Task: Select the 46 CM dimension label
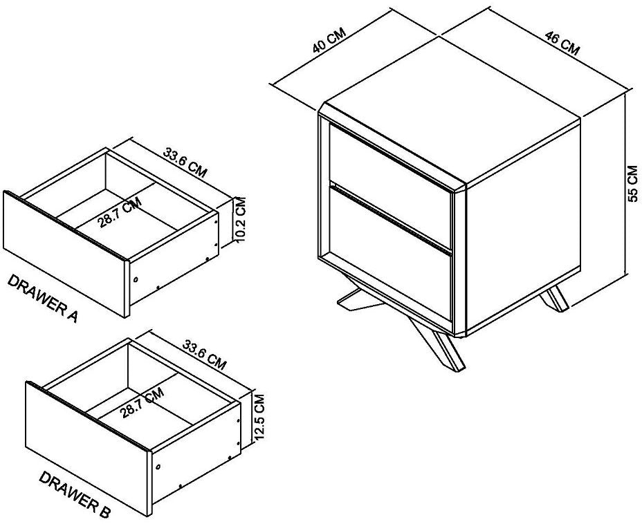coord(562,42)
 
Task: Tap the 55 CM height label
coord(632,183)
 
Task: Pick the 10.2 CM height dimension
coord(240,218)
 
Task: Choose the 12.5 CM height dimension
coord(259,418)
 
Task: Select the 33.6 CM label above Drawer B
coord(204,355)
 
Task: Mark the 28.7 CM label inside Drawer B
coord(142,403)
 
